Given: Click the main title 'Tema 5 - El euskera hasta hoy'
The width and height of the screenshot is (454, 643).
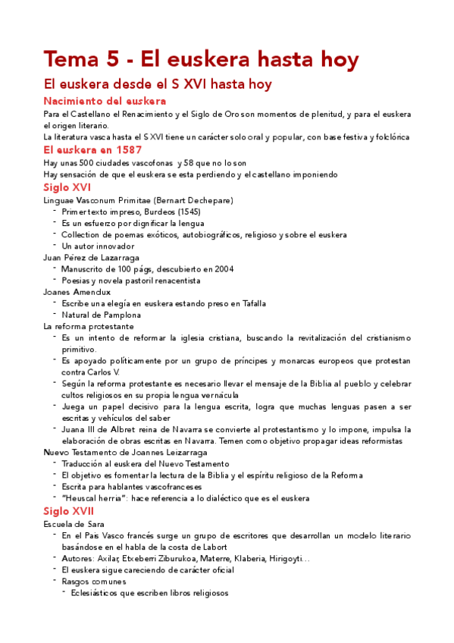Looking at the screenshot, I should pyautogui.click(x=201, y=58).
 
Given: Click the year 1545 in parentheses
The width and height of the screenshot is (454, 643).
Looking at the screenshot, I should pyautogui.click(x=184, y=212).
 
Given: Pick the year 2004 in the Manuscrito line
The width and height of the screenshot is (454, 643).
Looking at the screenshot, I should pyautogui.click(x=223, y=269).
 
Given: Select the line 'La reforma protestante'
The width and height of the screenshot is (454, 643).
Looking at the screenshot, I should pyautogui.click(x=89, y=326).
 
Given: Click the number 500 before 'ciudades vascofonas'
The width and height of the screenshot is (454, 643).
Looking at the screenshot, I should pyautogui.click(x=76, y=163).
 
